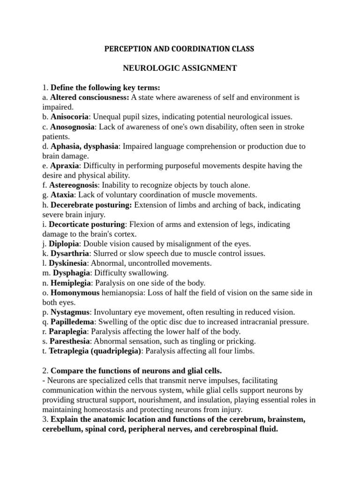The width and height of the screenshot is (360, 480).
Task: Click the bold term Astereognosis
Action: pos(73,185)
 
